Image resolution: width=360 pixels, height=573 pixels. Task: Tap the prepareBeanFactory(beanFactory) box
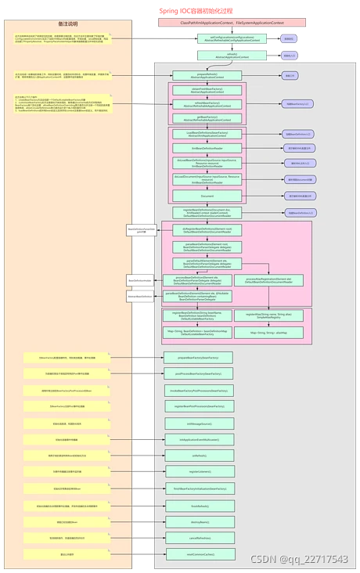pos(198,357)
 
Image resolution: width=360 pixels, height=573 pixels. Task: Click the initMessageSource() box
pos(198,423)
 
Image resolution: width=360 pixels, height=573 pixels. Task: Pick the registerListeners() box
pos(198,471)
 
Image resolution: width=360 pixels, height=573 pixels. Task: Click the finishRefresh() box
pos(198,505)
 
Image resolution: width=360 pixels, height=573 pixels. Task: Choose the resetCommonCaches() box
pos(198,553)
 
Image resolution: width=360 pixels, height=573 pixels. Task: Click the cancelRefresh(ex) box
pos(198,538)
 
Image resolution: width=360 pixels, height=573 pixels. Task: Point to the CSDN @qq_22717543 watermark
pos(298,559)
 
